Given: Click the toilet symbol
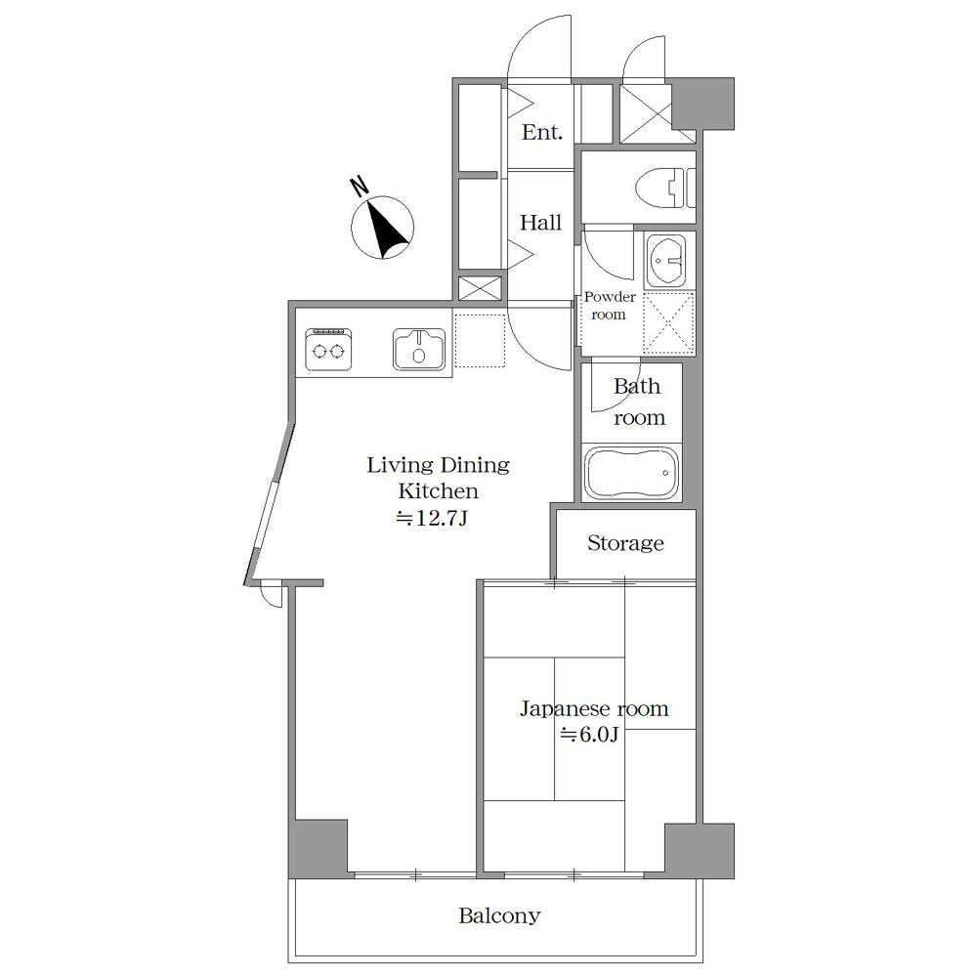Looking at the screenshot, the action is pos(665,187).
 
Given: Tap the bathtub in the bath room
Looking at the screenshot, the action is pos(631,472).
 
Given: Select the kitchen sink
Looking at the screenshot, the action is pos(419,349).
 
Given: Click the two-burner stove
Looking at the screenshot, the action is pos(328,349).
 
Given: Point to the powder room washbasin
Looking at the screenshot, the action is pos(665,261).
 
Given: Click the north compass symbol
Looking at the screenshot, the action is pos(382,228).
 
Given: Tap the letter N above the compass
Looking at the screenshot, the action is pos(359,187).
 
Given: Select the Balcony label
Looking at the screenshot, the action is pos(499,915).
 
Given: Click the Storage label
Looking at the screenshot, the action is pos(625,542).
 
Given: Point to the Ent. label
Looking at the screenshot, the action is pos(542,132).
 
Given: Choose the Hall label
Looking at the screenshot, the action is pos(541,223).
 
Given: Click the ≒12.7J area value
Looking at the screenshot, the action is pos(432,518).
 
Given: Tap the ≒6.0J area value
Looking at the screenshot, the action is pos(589,735).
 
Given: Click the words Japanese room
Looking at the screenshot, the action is pos(594,709).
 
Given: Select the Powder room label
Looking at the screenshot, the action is pos(610,305).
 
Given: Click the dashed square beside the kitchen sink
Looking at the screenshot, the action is pos(480,340).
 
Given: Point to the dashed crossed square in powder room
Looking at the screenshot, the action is pos(668,322).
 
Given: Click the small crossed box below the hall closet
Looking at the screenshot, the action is pos(480,288).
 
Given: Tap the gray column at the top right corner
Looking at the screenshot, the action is pos(702,104).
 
